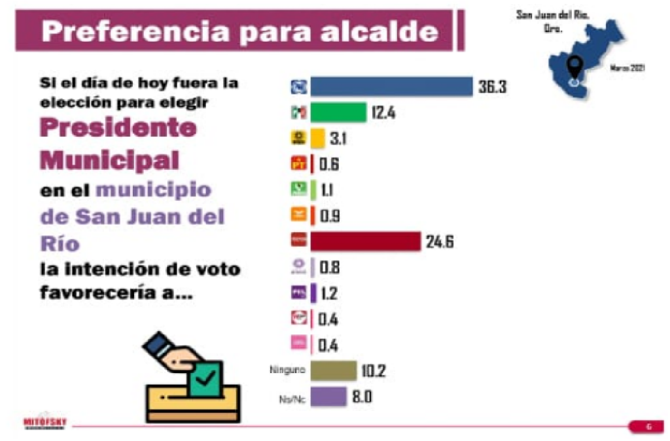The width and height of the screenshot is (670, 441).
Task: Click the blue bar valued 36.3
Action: [x=391, y=86]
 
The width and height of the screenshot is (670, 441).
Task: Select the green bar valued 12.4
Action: [x=338, y=112]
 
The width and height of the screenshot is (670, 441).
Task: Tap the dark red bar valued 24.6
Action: [x=364, y=241]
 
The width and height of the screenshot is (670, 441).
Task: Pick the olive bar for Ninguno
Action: [x=333, y=370]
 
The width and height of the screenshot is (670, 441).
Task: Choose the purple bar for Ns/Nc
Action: [x=328, y=397]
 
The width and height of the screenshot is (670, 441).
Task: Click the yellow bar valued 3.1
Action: [x=317, y=139]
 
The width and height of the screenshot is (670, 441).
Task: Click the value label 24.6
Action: [x=439, y=242]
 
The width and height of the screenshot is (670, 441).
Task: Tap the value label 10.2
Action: [x=374, y=371]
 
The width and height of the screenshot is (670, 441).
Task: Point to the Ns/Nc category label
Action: [x=289, y=397]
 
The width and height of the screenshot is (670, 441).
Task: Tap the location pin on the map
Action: [x=574, y=67]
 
